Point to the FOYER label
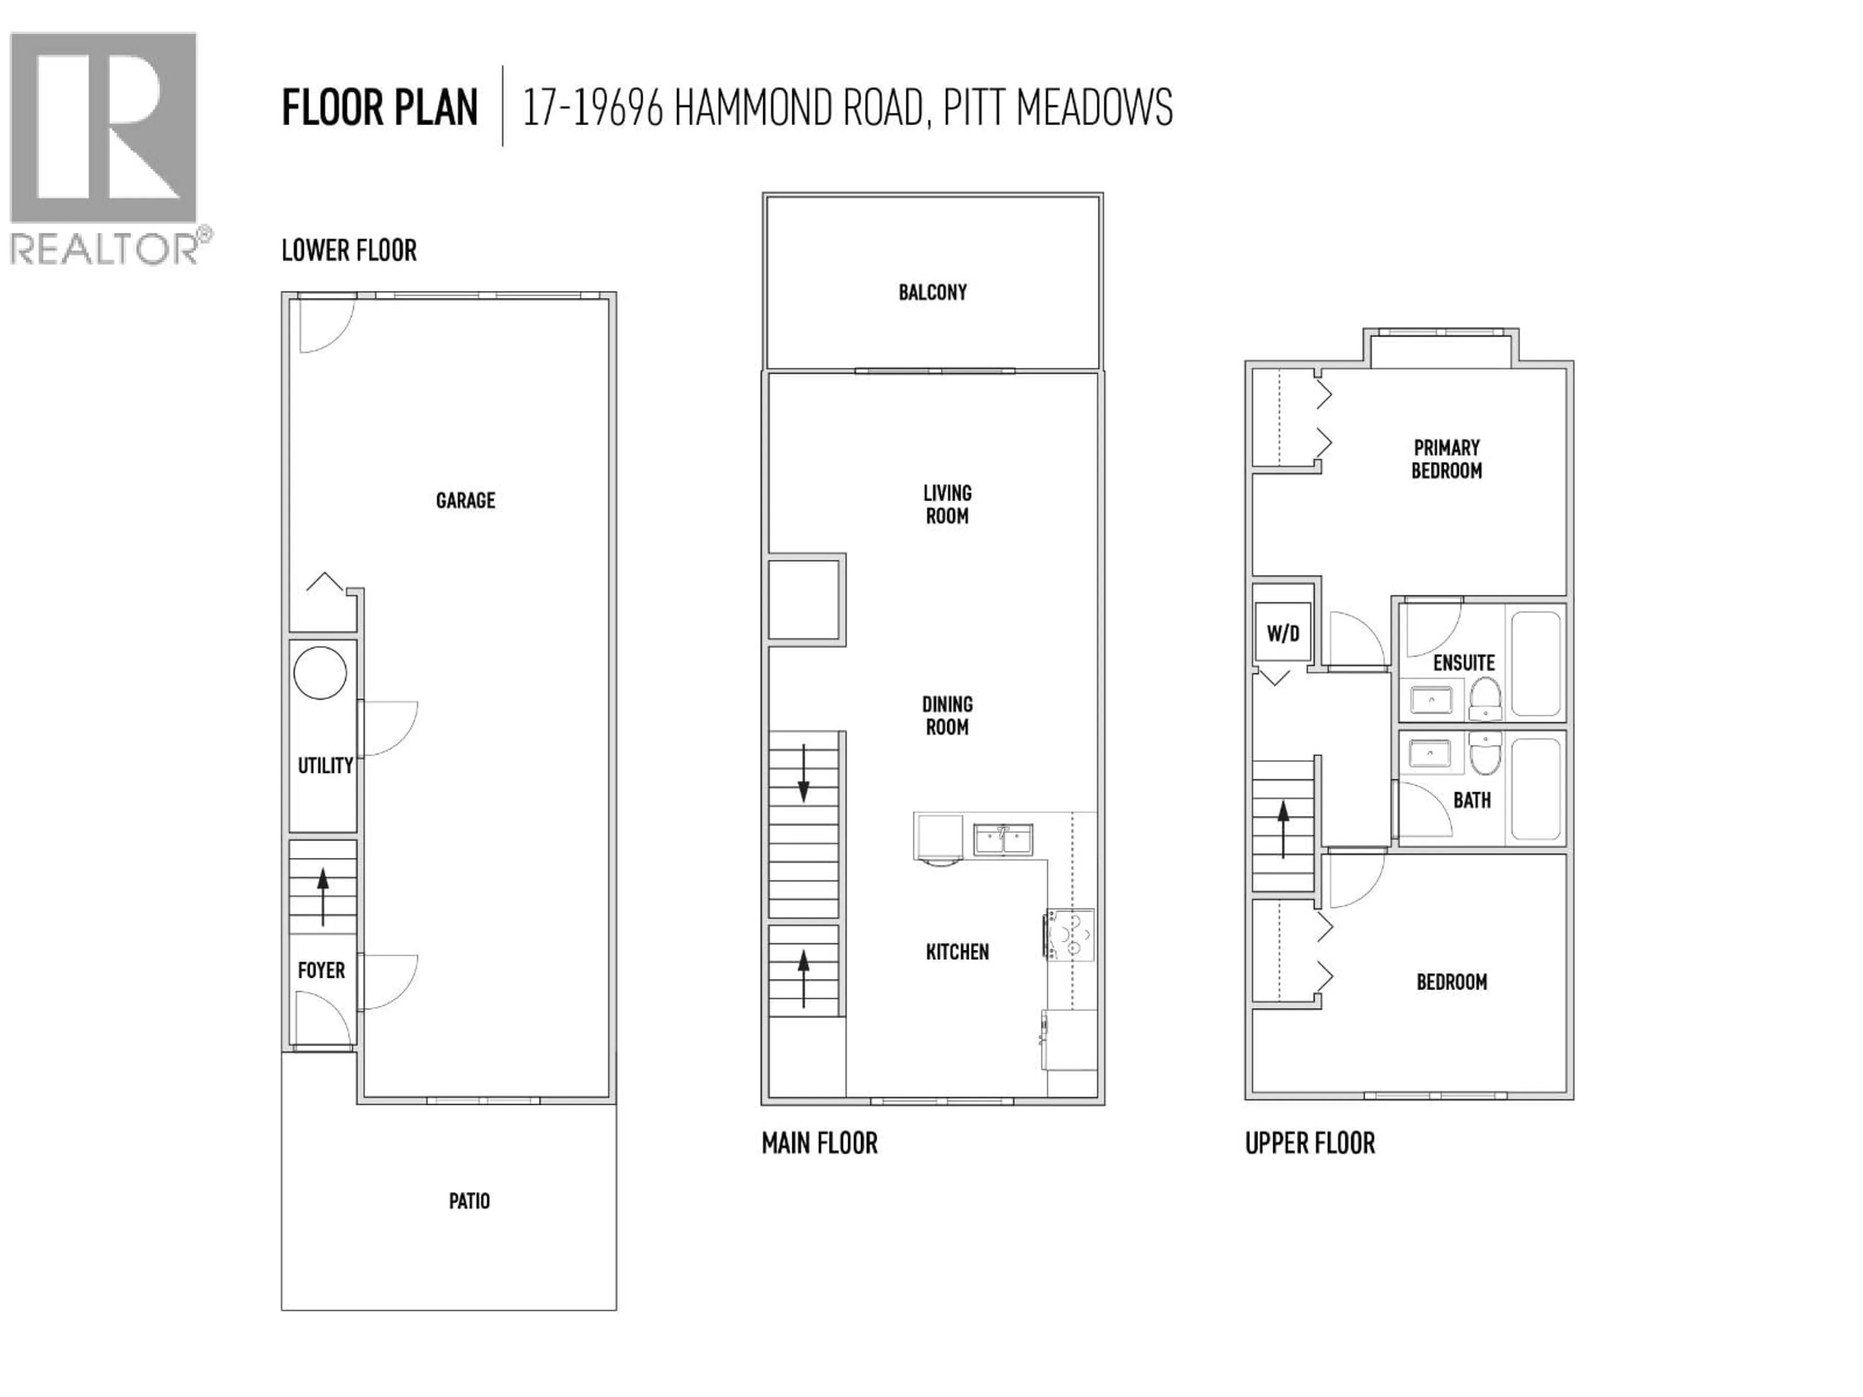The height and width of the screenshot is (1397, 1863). (321, 970)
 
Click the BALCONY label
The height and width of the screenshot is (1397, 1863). (932, 292)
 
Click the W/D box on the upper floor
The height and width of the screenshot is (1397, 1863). (1283, 633)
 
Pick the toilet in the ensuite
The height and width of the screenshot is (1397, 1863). (1485, 699)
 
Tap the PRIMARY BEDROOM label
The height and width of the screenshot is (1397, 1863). (1446, 459)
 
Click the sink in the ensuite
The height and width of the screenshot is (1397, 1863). (1431, 699)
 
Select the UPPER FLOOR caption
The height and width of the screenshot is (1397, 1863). (1309, 1143)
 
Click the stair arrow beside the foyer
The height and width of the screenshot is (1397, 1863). (323, 896)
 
